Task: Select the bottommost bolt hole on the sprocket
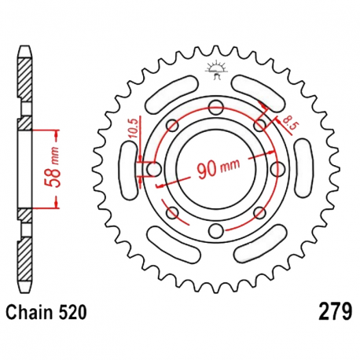pyautogui.click(x=215, y=230)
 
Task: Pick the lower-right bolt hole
pyautogui.click(x=259, y=212)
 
